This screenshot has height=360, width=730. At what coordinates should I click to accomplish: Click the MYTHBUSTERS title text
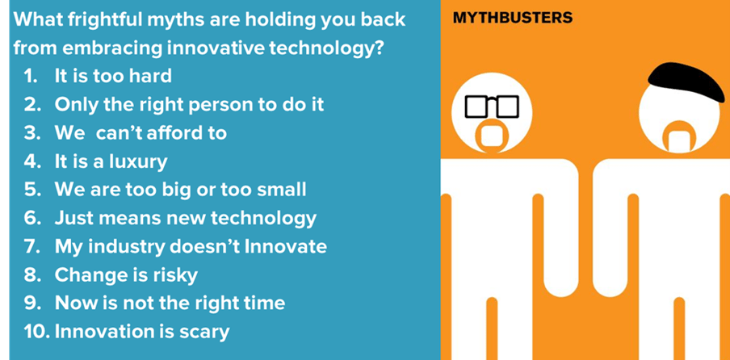(x=513, y=18)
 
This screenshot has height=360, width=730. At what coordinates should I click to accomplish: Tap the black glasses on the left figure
(x=492, y=106)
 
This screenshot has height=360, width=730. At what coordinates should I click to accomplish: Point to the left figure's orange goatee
(x=492, y=136)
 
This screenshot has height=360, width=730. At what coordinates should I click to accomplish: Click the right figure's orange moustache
(x=681, y=136)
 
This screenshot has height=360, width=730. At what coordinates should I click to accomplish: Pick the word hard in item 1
(x=151, y=76)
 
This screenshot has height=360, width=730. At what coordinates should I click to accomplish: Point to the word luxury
(x=138, y=162)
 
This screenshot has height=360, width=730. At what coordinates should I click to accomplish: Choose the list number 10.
(x=36, y=332)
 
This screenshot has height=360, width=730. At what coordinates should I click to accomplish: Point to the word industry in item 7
(x=127, y=247)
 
